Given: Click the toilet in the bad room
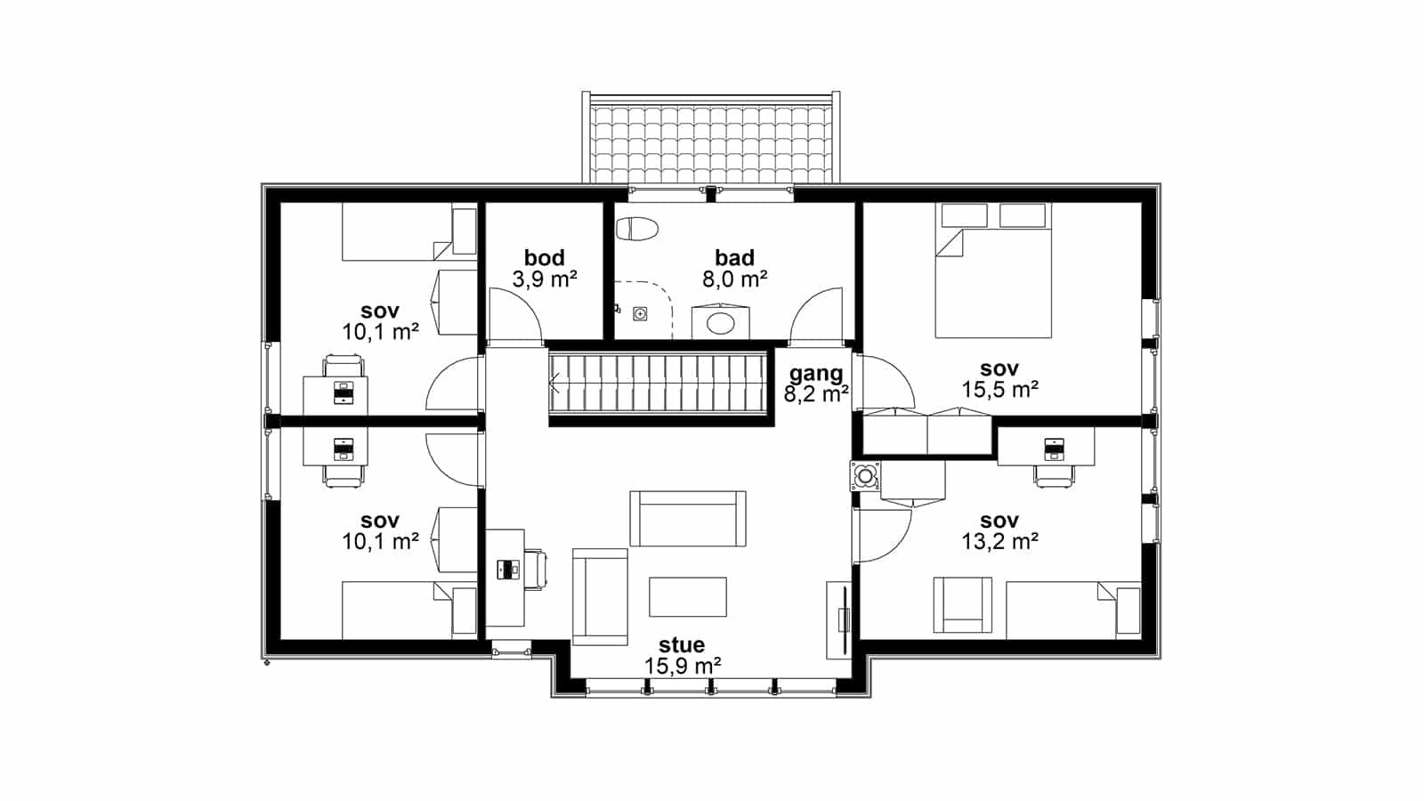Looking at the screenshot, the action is (637, 229).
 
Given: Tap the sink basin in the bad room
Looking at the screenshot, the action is (720, 323).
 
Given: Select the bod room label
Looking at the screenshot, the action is (544, 257).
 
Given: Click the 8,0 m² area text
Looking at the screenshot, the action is (734, 279).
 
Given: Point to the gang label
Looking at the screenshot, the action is (816, 374).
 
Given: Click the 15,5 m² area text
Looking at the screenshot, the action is (999, 390).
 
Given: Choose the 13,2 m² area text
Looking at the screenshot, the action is (999, 542).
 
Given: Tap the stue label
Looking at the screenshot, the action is (682, 644).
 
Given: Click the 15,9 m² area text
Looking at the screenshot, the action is (682, 667).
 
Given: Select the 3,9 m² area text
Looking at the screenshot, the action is (544, 279).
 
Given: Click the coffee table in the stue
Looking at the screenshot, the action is (687, 596).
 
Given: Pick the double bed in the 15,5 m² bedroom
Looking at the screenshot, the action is (993, 271).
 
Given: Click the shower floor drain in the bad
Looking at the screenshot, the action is (640, 314).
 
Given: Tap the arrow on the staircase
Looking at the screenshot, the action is (554, 383).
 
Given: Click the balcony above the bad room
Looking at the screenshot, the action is (711, 139).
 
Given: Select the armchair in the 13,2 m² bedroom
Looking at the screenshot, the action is (962, 604).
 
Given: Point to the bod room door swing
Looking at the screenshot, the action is (515, 315).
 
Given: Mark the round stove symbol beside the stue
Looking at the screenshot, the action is (864, 475).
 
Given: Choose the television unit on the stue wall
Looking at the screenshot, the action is (839, 619).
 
